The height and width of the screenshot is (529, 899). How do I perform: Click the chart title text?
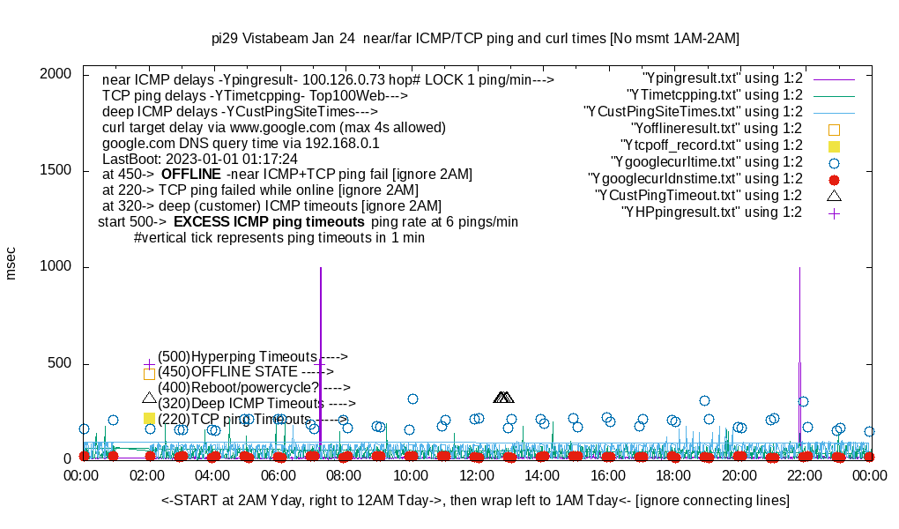click(x=475, y=38)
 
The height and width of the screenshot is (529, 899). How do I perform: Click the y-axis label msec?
click(x=11, y=263)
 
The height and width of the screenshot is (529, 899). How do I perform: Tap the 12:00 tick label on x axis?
click(x=476, y=476)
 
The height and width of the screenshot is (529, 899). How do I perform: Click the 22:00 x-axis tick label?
click(x=805, y=476)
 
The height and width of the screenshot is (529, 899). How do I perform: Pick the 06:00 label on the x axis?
click(x=279, y=476)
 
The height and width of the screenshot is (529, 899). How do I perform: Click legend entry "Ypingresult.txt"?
click(x=723, y=78)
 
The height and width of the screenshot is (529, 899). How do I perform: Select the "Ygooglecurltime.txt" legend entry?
click(x=706, y=162)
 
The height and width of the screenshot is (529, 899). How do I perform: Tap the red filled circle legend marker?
click(x=834, y=179)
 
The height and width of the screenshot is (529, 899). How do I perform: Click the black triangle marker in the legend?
click(x=834, y=195)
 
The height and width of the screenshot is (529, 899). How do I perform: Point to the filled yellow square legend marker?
click(x=834, y=145)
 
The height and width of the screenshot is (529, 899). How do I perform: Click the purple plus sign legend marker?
click(x=834, y=212)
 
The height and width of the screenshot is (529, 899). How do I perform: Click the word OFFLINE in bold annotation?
click(x=190, y=175)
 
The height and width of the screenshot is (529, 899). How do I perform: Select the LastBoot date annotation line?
click(x=200, y=159)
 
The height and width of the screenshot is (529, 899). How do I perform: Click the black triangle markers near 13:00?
click(x=503, y=398)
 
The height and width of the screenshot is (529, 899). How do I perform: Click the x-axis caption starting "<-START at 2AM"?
click(x=475, y=501)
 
